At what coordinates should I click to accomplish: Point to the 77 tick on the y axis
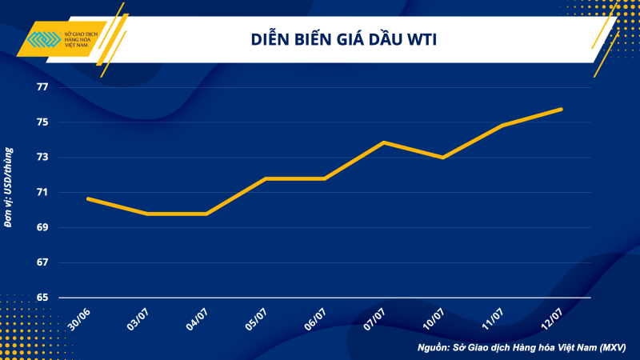point(42,87)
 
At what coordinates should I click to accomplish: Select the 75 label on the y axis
point(42,122)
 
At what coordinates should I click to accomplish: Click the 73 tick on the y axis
point(42,158)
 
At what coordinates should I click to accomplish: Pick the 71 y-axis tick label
point(42,193)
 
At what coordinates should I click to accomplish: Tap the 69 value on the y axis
point(42,228)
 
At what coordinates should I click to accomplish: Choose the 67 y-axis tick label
point(42,262)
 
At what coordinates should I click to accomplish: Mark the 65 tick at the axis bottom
point(42,298)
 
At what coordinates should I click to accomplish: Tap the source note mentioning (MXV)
point(521,348)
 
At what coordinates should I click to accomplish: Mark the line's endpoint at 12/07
point(562,109)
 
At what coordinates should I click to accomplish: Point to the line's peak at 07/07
point(384,142)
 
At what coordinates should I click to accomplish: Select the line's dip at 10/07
point(443,158)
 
